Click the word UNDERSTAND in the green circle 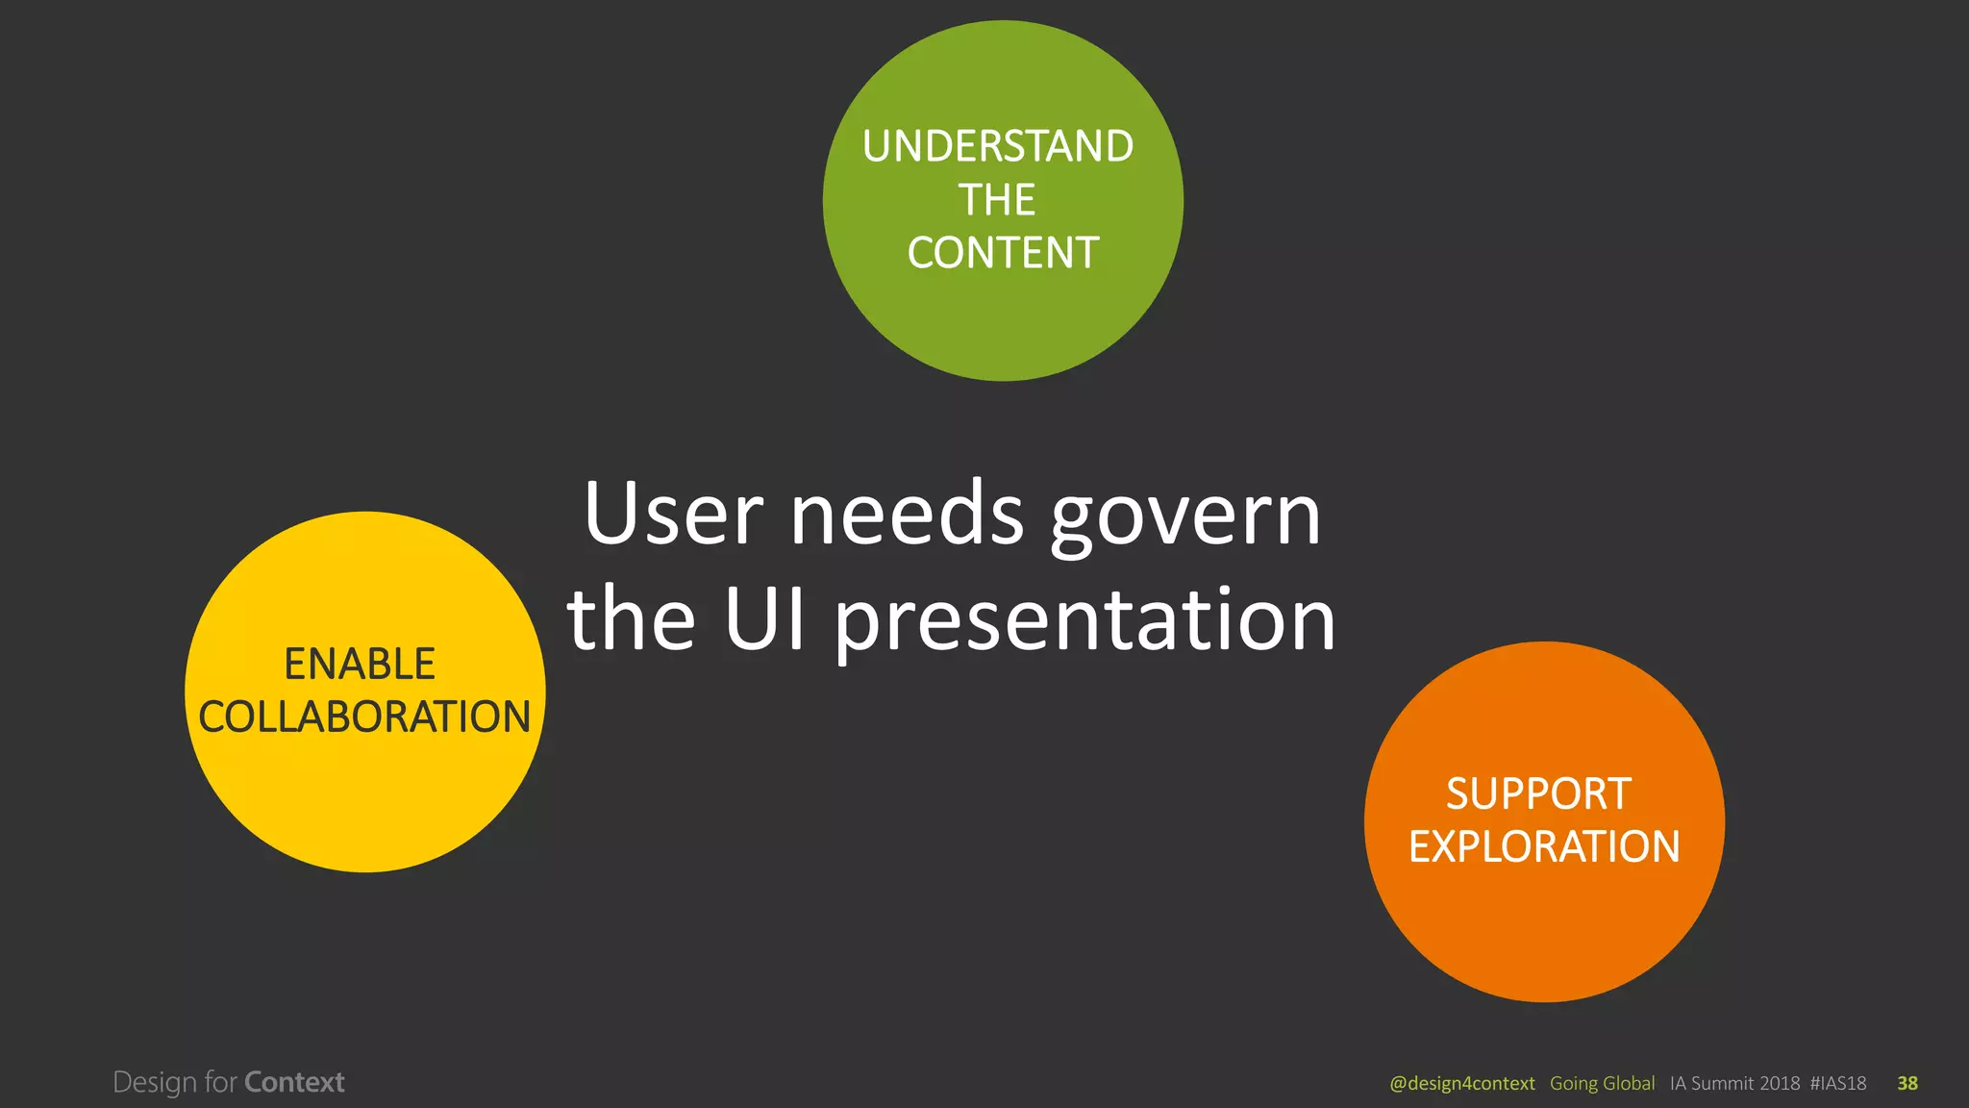tap(998, 146)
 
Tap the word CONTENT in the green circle tap(1003, 253)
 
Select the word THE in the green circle tap(997, 200)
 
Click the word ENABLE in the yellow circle tap(360, 664)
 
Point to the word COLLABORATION tap(364, 717)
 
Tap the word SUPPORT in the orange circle tap(1538, 793)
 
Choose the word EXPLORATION tap(1544, 846)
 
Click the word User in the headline tap(673, 514)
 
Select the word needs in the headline tap(907, 514)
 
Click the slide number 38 tap(1907, 1083)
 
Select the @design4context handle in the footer tap(1461, 1083)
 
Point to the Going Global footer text tap(1602, 1083)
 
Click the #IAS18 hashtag tap(1837, 1083)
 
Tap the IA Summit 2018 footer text tap(1734, 1083)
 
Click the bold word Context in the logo tap(294, 1082)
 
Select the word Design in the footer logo tap(155, 1083)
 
